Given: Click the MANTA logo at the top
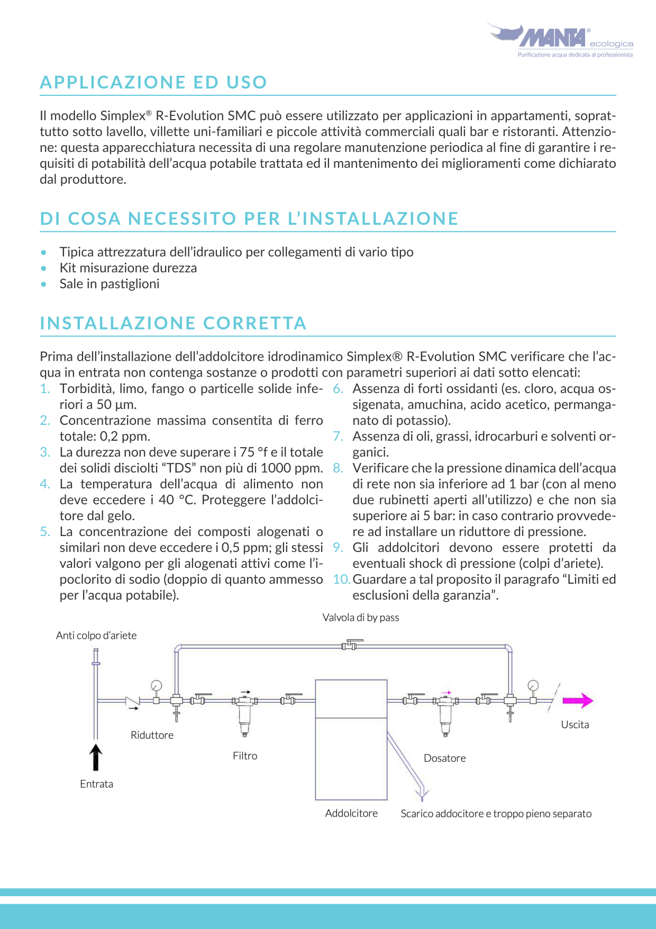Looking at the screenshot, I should (x=553, y=38).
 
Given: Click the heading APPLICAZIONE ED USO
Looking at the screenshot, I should (x=153, y=83).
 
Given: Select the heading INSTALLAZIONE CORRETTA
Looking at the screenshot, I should (x=173, y=323).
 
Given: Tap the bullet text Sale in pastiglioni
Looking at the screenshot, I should (x=110, y=284).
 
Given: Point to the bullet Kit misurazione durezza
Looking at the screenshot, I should (x=128, y=268).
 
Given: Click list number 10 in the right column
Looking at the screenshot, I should (x=341, y=579).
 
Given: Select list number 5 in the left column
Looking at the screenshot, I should (x=45, y=532).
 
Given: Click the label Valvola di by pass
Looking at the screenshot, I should (x=361, y=618).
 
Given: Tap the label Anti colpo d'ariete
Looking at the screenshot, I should (x=96, y=636).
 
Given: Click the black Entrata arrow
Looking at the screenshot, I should (x=96, y=757).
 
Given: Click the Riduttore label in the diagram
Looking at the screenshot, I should (x=152, y=735).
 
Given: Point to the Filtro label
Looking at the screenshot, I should (x=245, y=756).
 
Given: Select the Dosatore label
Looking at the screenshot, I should (x=444, y=758).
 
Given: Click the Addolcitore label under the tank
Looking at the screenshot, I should (x=351, y=813).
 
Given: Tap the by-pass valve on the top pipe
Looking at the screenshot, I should (x=350, y=645).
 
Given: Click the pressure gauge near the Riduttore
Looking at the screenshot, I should (x=156, y=686).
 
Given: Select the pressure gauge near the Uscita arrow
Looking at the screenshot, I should (x=533, y=686).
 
